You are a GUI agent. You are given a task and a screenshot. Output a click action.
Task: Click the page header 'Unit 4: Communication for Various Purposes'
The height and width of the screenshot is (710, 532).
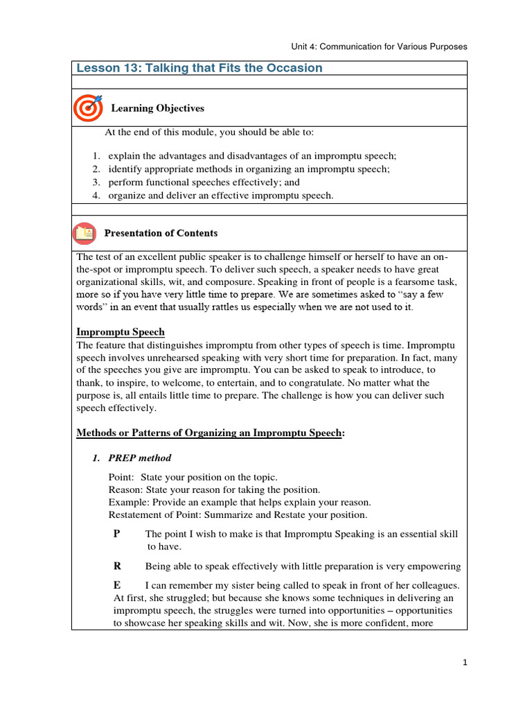[x=379, y=46]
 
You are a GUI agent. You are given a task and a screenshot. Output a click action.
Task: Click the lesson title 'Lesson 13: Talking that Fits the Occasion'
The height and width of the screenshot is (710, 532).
[x=199, y=68]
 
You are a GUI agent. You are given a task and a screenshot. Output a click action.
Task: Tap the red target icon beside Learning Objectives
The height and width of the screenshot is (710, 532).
[x=87, y=107]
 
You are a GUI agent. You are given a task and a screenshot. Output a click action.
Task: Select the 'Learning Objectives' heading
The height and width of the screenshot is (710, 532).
[x=157, y=108]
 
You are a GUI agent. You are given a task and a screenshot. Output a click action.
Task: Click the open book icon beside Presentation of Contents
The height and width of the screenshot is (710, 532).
[x=85, y=233]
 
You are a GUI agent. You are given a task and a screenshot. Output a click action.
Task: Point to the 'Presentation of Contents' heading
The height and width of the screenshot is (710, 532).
[x=160, y=233]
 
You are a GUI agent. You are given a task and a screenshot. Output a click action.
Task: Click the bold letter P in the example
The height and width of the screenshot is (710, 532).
[x=116, y=534]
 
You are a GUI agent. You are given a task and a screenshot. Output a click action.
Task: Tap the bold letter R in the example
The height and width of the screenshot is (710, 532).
[x=117, y=566]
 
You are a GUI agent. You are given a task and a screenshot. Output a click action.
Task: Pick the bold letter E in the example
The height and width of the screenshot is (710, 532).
[x=116, y=585]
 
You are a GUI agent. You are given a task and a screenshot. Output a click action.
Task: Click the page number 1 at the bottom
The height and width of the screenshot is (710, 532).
[x=465, y=663]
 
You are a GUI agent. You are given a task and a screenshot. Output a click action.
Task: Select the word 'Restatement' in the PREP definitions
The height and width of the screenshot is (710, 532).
[x=134, y=514]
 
